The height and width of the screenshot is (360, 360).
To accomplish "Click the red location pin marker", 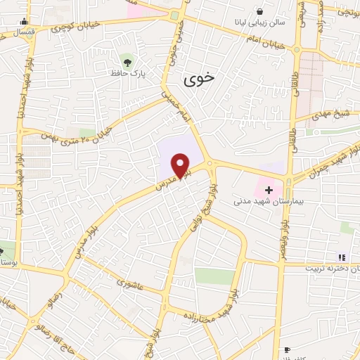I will point(181,166).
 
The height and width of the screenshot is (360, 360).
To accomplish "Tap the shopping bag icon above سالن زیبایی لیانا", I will point(259,11).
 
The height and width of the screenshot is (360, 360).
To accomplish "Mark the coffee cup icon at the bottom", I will point(287,349).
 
